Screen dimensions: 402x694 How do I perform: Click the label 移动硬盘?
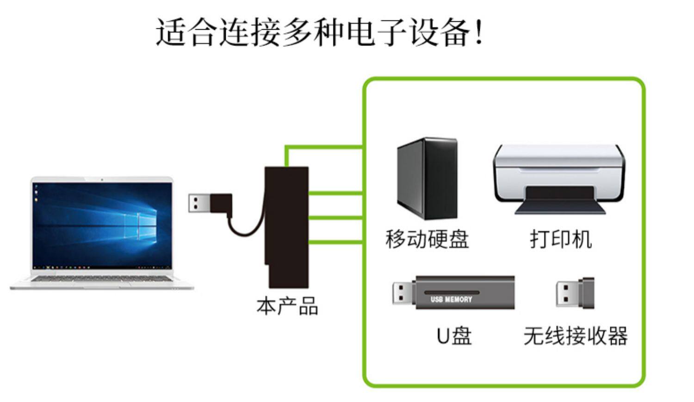click(427, 239)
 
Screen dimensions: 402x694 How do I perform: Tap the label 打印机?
click(561, 239)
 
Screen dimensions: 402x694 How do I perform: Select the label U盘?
click(453, 336)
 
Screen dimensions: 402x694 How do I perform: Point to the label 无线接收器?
click(576, 336)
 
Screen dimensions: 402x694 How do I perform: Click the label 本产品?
click(287, 306)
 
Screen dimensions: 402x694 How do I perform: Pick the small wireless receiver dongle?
click(575, 293)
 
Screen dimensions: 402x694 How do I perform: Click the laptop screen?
click(102, 225)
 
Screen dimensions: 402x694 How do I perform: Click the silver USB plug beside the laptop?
click(200, 203)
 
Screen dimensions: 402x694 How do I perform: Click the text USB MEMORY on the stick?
click(451, 299)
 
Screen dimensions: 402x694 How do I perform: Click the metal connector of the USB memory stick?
click(403, 293)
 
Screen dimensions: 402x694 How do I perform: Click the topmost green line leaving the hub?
click(324, 148)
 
